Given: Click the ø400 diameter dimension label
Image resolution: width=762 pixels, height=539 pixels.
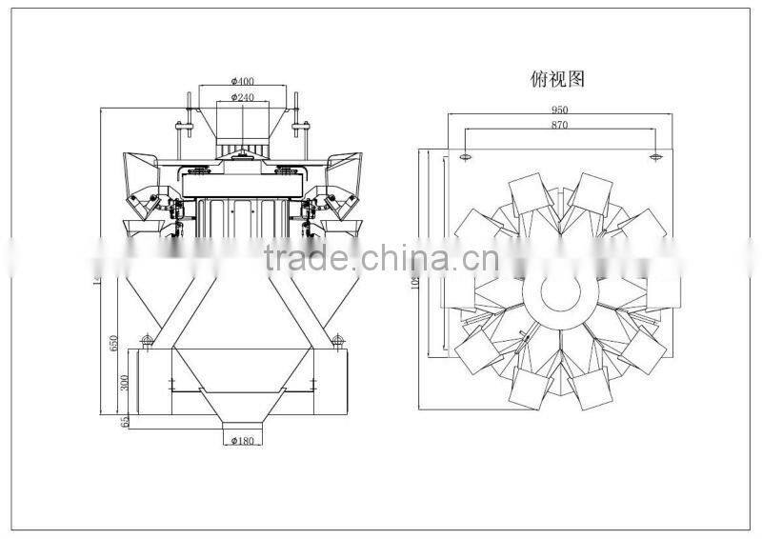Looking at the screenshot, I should pos(241,82).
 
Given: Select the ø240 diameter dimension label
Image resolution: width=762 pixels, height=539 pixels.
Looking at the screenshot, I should pos(241,97).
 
